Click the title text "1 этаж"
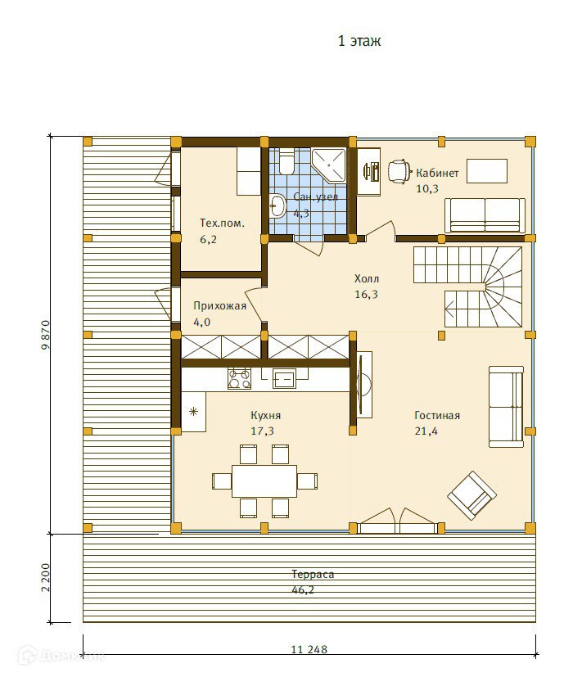[x=359, y=41]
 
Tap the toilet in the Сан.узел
[x=286, y=162]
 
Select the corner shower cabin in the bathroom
[x=329, y=165]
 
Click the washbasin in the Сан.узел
[x=277, y=206]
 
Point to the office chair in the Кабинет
[x=399, y=171]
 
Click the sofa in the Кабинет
[x=485, y=215]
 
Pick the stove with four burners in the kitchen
[x=239, y=378]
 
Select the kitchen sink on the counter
[x=284, y=379]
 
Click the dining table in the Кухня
[x=264, y=481]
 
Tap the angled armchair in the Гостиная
[x=471, y=495]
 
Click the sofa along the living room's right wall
[x=506, y=407]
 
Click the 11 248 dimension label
[x=309, y=649]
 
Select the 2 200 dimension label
[x=46, y=578]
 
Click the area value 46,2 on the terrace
[x=303, y=589]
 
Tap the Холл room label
[x=367, y=278]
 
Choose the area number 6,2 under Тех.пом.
[x=208, y=239]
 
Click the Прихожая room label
[x=219, y=306]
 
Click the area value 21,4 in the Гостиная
[x=426, y=431]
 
